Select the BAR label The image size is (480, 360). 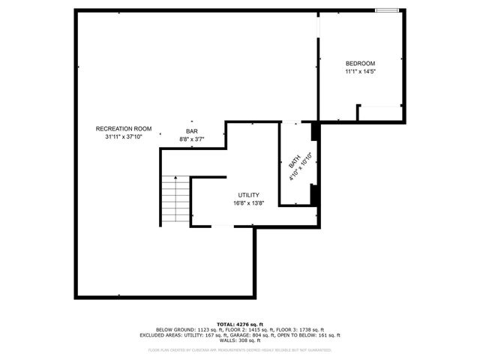[192, 131]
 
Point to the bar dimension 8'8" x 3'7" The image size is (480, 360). [192, 139]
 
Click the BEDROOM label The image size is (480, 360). [360, 63]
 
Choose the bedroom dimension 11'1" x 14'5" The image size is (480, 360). [360, 71]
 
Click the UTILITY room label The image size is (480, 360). [249, 195]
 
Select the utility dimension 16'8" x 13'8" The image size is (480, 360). [249, 203]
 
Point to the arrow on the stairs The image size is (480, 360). [175, 180]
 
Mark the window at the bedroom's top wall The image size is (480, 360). [386, 10]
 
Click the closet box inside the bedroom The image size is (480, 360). [381, 114]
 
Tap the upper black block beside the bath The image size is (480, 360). [316, 130]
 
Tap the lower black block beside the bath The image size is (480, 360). [315, 193]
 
